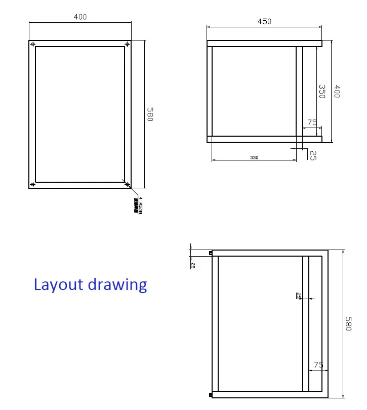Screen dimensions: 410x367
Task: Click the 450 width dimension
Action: [264, 21]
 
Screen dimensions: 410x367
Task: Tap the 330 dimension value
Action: [254, 157]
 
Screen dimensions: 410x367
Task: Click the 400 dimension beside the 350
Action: [337, 91]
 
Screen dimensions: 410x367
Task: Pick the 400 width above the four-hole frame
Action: [80, 17]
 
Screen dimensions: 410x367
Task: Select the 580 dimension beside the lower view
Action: [348, 324]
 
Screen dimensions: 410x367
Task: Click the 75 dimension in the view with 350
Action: [312, 122]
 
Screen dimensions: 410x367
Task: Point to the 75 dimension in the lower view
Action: [318, 365]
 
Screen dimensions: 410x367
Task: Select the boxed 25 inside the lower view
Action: [299, 296]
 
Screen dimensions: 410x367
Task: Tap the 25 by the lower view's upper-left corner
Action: [193, 264]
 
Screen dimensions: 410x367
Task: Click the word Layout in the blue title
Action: [59, 284]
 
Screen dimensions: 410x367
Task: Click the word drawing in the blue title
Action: [118, 285]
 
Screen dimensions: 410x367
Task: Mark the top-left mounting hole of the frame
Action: [33, 45]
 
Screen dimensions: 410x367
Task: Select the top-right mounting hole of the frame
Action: [127, 45]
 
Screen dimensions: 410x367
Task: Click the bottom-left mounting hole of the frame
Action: [33, 184]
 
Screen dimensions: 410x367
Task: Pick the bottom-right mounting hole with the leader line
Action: [127, 184]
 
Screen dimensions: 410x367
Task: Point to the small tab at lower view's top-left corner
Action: [210, 253]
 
